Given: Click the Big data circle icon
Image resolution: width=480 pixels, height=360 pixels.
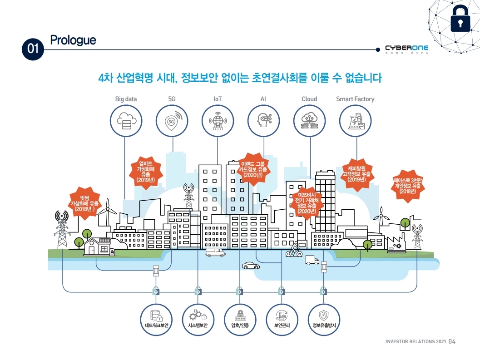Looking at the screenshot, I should [126, 121].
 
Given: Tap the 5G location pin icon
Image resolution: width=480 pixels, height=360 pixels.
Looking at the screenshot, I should [172, 121].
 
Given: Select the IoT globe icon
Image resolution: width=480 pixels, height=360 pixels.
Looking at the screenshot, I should [218, 121].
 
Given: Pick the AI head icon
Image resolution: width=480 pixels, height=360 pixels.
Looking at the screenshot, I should [264, 121].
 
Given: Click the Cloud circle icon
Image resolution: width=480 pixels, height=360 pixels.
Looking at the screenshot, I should [310, 121].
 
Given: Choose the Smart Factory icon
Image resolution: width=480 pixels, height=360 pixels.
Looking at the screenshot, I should [356, 121].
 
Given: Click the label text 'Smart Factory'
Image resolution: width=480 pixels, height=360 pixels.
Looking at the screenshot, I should [355, 99].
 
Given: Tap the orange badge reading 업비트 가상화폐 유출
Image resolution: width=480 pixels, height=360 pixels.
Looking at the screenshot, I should [146, 171].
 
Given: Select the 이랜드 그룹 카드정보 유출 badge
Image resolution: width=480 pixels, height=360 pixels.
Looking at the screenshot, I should [253, 168].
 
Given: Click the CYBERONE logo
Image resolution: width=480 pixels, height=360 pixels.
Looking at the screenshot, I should [406, 48].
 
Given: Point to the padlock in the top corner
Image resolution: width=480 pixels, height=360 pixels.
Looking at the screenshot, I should [460, 20].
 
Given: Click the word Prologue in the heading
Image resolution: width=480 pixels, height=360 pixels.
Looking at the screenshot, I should [73, 40].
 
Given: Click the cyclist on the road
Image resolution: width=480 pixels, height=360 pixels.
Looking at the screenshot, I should [294, 251].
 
